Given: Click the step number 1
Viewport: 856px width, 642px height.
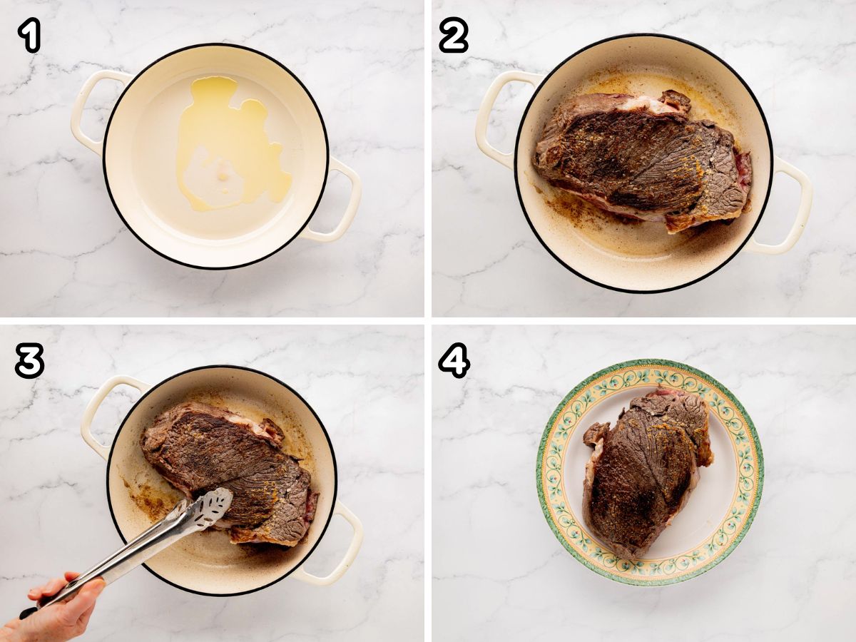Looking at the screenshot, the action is pos(29,35).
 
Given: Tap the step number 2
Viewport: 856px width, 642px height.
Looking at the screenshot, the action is pos(454,35).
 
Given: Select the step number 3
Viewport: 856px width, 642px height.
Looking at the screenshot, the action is pos(30,360).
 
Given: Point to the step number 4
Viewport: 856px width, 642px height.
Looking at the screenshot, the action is pos(454,360).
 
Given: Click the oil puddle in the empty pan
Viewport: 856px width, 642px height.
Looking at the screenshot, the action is pos(230,143).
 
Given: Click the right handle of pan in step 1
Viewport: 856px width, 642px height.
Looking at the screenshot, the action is pos(335,199).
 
